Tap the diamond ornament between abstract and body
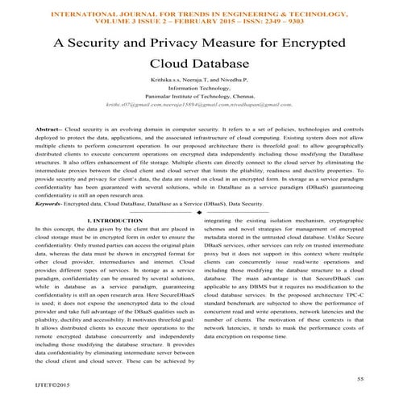[x=199, y=191]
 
